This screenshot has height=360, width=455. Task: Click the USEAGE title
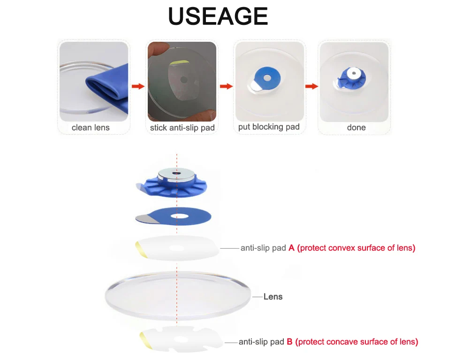tap(218, 17)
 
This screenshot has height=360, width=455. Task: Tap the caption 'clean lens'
tap(91, 128)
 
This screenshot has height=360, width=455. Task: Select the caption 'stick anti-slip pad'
tap(182, 128)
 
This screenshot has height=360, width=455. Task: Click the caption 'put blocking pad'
tap(269, 127)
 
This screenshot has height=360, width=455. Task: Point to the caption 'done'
tap(356, 128)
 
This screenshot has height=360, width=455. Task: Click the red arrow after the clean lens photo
tap(138, 86)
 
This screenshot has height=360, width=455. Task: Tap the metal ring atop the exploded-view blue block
tap(177, 175)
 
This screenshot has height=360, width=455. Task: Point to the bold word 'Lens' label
tap(273, 297)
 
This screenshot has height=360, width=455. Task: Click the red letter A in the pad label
tap(291, 248)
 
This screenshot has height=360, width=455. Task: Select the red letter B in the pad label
tap(289, 342)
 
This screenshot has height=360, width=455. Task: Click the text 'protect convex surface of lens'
tap(356, 248)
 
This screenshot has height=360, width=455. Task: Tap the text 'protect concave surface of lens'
tap(357, 342)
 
